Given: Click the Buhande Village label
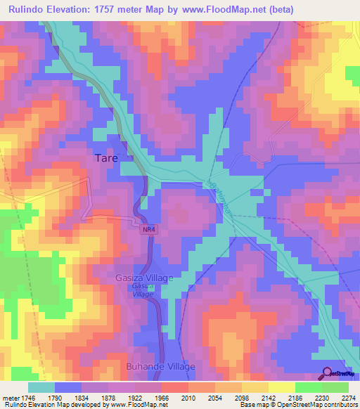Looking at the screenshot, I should click(x=160, y=367).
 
